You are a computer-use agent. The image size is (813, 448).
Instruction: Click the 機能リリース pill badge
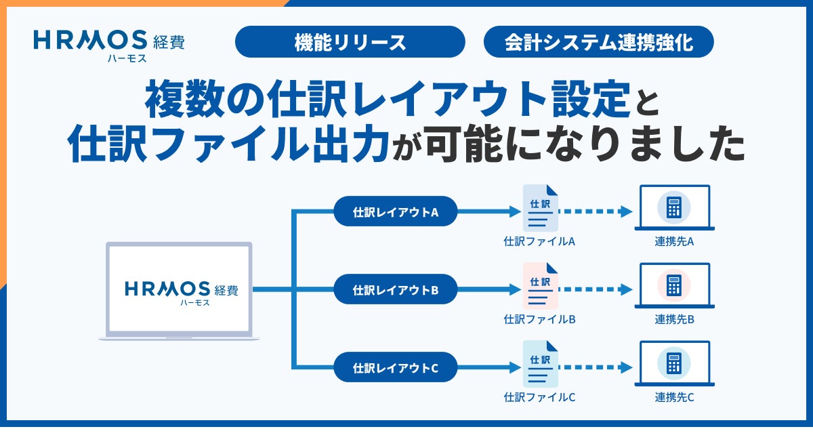tap(350, 43)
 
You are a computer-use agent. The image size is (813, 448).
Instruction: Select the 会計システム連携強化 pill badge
tap(599, 43)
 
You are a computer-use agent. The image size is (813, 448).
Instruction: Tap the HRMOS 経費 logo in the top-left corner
tap(109, 43)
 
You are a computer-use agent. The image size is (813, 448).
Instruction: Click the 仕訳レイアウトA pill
tap(396, 211)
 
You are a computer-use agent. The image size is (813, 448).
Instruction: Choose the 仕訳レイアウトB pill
tap(396, 289)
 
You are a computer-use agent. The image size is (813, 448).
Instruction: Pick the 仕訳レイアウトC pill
tap(396, 368)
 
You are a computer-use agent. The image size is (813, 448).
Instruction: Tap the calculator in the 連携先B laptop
tap(673, 285)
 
